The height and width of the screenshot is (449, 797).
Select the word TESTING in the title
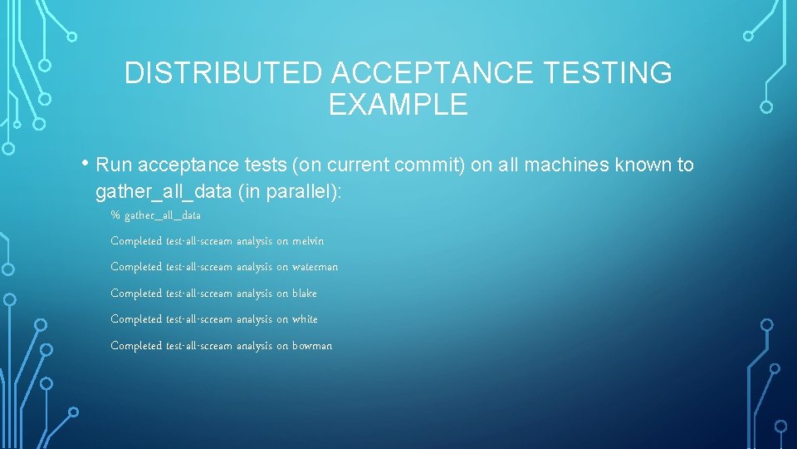tap(608, 73)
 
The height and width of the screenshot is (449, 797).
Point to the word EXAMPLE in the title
tap(398, 105)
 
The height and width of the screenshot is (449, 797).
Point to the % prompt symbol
tap(115, 215)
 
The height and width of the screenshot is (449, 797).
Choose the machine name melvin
tap(308, 241)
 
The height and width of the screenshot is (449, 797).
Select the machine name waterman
tap(315, 267)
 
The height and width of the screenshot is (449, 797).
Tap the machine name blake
tap(305, 294)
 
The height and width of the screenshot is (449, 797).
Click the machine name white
tap(305, 319)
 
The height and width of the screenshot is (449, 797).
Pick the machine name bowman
tap(312, 346)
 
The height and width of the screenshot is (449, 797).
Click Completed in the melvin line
tap(136, 241)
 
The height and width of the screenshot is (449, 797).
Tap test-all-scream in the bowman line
tap(199, 346)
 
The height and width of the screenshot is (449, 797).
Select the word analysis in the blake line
tap(254, 294)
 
